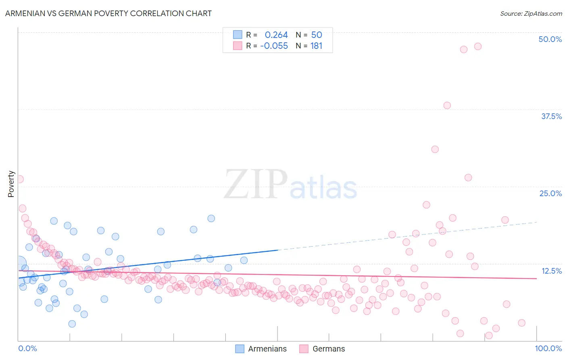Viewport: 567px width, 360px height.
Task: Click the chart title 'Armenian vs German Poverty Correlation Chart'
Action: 108,13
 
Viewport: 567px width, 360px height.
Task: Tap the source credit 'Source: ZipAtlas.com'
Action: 531,14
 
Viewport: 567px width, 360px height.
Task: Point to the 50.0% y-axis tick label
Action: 550,39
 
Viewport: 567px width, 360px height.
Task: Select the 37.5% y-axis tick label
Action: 551,116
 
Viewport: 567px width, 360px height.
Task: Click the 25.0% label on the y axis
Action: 550,193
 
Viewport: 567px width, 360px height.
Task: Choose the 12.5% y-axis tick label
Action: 551,271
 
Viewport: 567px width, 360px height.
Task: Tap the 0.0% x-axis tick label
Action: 27,348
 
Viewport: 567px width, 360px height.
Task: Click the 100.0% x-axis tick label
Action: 548,348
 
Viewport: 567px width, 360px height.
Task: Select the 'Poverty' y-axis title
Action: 11,184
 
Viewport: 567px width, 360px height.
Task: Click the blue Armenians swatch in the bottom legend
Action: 240,349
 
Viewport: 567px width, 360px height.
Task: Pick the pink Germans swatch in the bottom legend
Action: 304,349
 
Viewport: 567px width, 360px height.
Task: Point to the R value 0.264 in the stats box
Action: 276,35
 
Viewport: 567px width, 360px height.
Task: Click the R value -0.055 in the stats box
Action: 274,46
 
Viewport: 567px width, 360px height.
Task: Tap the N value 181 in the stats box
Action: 317,46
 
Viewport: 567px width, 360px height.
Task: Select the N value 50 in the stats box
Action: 317,35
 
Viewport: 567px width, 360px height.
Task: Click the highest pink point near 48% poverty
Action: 477,46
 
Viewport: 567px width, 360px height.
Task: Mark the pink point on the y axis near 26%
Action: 19,179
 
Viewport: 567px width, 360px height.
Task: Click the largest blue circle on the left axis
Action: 19,264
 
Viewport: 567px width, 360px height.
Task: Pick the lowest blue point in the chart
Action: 72,324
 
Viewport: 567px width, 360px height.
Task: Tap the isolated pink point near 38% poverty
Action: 447,105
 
